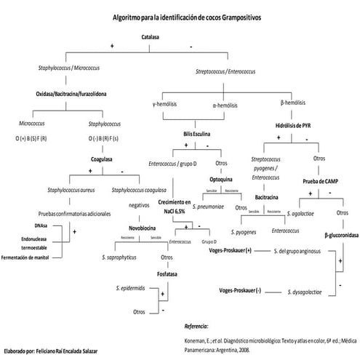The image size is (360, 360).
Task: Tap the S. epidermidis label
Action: (134, 289)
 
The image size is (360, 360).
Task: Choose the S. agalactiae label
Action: (300, 213)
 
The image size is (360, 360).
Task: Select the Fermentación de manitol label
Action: (34, 257)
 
